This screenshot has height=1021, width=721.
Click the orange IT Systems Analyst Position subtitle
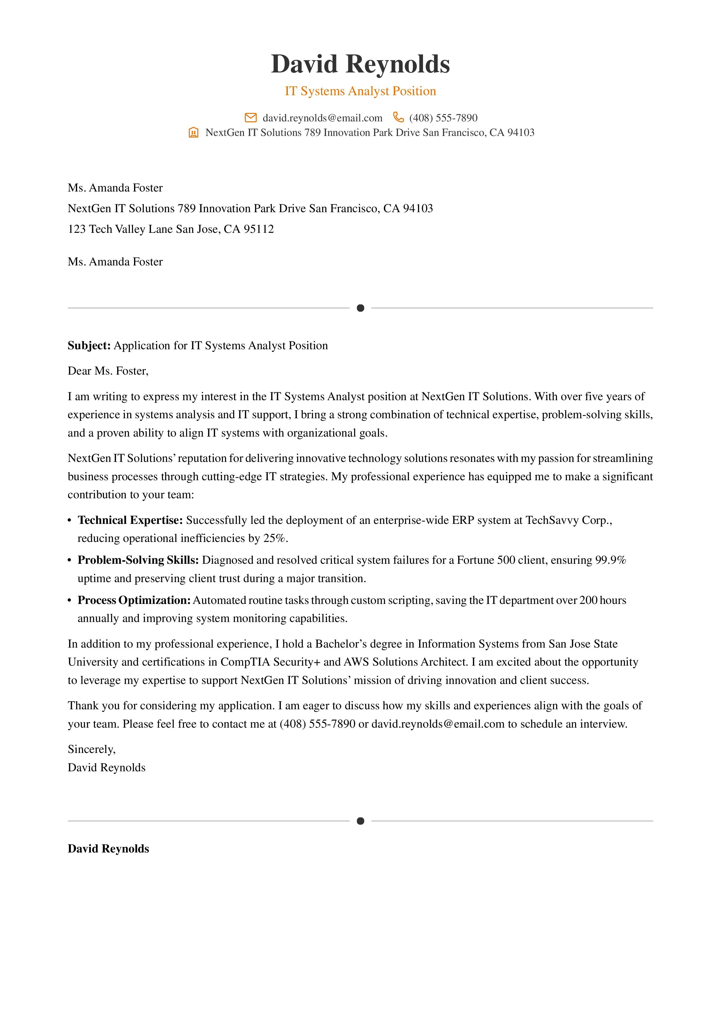(x=360, y=91)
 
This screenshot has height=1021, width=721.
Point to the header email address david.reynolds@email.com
(x=322, y=118)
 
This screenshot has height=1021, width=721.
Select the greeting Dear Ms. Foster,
(x=108, y=371)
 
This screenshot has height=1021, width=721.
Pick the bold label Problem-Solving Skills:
(x=138, y=560)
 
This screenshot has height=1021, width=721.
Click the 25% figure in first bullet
(x=274, y=538)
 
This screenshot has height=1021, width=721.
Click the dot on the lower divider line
(x=360, y=821)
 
